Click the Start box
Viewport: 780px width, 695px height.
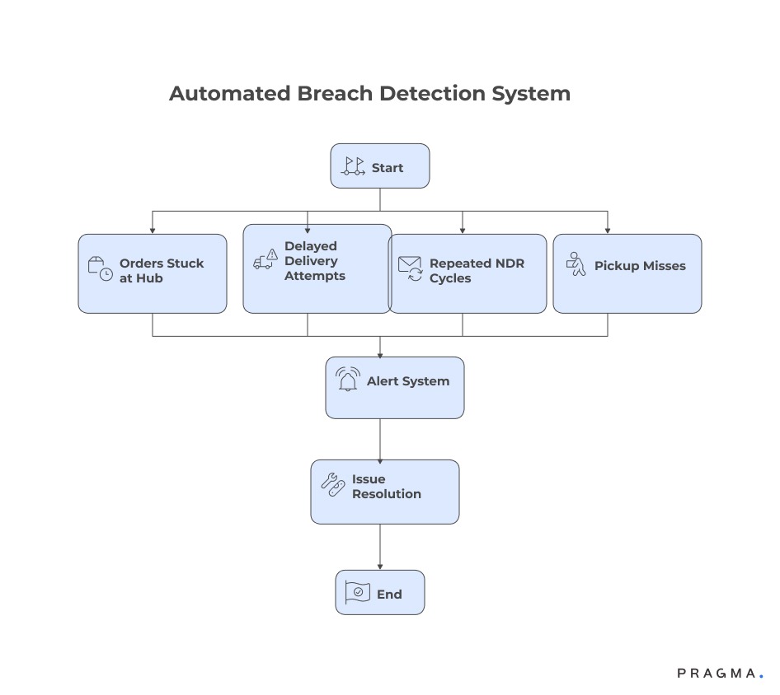point(380,166)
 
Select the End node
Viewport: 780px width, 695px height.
point(380,593)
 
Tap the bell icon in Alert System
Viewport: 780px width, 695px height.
point(348,380)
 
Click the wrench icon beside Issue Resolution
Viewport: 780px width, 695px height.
point(332,485)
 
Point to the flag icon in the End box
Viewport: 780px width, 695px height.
point(358,593)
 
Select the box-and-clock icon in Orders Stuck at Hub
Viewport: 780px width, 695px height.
point(100,269)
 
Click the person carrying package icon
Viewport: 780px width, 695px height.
point(576,264)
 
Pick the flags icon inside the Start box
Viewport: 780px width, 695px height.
point(354,167)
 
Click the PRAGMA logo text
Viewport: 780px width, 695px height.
point(716,674)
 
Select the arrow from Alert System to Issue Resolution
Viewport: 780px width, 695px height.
point(380,439)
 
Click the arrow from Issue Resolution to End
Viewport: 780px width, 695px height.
point(380,547)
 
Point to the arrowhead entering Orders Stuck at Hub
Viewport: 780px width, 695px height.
point(153,230)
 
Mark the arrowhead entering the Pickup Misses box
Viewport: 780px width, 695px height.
point(608,230)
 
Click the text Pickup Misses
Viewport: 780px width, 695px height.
point(640,266)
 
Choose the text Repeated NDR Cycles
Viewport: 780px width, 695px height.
point(477,271)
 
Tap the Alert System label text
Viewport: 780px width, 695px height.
point(408,381)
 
